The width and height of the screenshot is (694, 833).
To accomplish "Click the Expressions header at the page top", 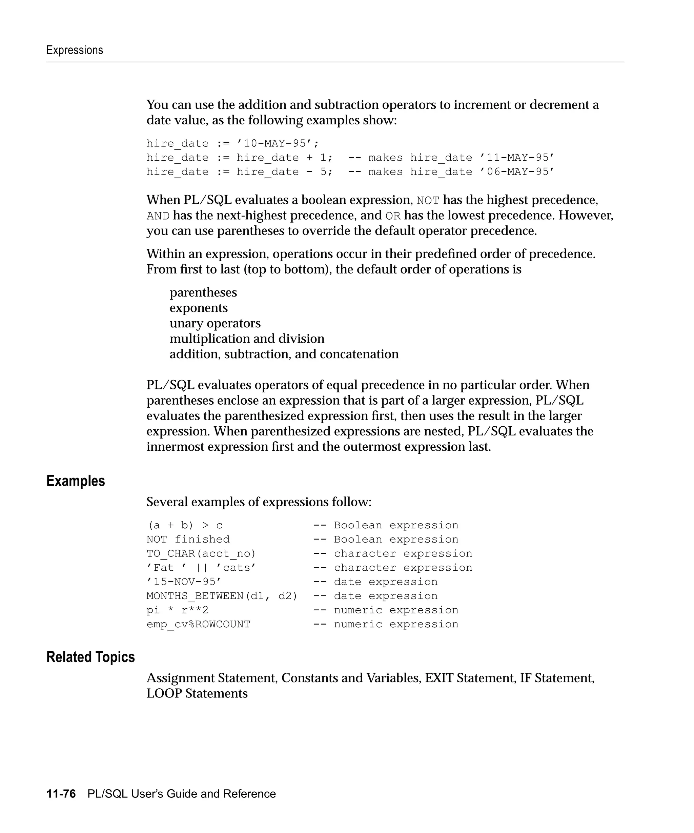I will click(x=75, y=50).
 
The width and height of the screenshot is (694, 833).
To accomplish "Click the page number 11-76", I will click(x=61, y=794).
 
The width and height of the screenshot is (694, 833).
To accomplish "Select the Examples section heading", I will click(x=75, y=481).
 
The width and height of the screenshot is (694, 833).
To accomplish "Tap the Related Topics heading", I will click(x=90, y=657).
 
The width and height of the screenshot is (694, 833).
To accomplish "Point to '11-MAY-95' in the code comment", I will click(x=517, y=158).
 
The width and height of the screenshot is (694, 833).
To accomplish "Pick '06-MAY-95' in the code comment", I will click(x=517, y=172).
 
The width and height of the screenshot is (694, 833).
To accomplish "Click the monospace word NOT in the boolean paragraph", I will click(x=428, y=201).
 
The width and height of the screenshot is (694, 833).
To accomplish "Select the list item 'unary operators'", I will click(x=215, y=323).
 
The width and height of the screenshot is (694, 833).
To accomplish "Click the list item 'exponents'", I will click(x=198, y=308).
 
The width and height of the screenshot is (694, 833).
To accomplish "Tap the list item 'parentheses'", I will click(x=203, y=292).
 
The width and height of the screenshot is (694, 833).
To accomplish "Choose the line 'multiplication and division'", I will click(x=247, y=339).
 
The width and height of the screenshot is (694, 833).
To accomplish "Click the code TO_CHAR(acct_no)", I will click(x=201, y=553).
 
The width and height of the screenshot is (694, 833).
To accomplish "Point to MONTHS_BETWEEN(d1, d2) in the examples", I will click(x=222, y=596).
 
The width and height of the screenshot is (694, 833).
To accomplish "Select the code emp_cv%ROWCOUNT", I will click(x=198, y=624).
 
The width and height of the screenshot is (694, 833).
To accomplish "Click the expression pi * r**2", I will click(x=177, y=610).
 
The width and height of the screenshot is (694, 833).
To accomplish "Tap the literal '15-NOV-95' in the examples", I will click(x=184, y=582).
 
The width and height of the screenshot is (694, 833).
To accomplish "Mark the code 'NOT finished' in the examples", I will click(x=188, y=540).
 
